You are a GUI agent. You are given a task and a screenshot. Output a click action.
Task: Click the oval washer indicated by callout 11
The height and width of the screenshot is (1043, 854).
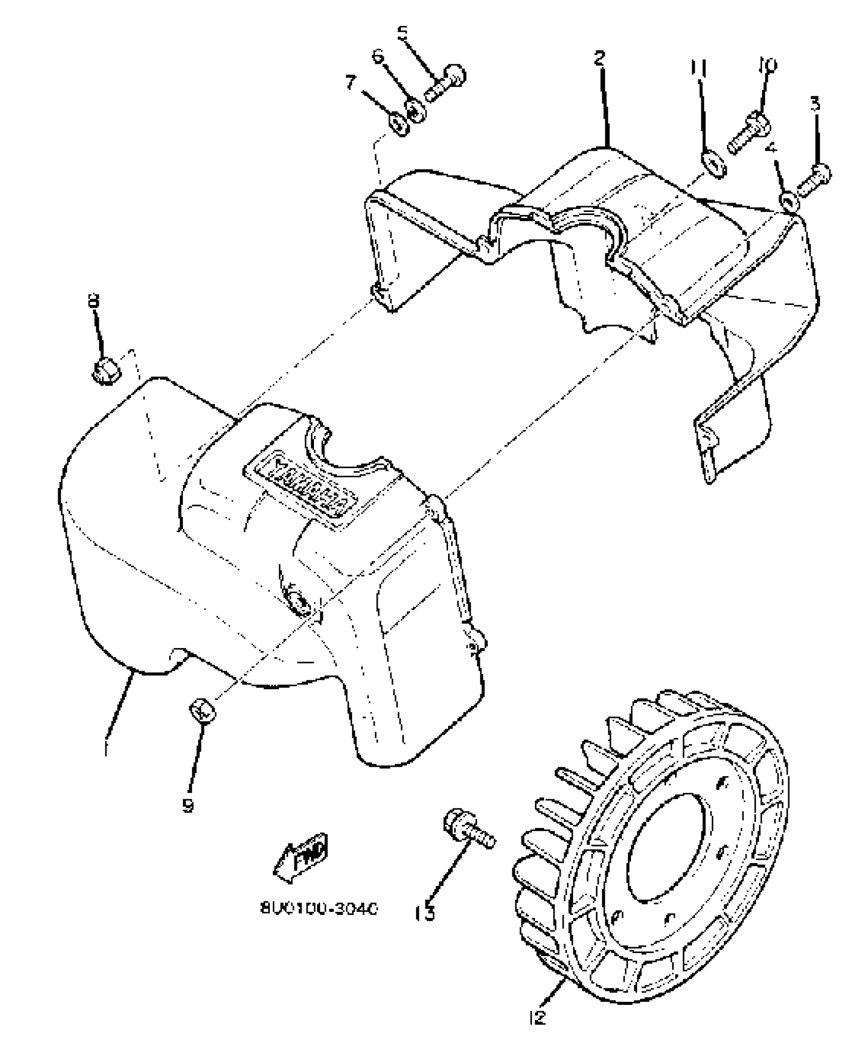[713, 166]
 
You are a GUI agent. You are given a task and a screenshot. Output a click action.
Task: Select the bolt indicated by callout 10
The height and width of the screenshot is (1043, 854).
[747, 131]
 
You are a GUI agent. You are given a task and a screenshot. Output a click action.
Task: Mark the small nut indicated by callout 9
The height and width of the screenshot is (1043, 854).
[202, 711]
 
